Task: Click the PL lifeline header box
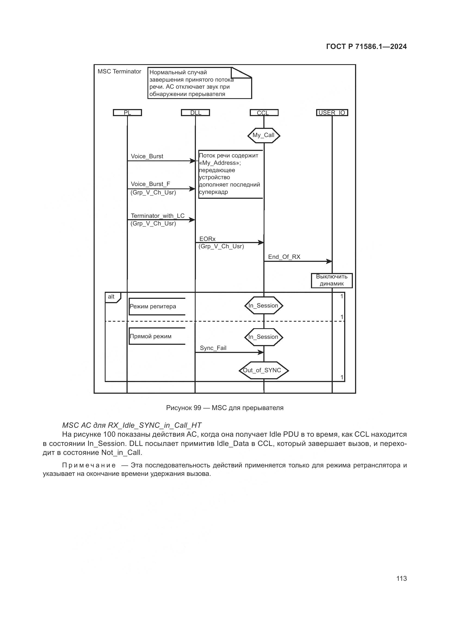[x=127, y=113]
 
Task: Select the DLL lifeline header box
[x=195, y=113]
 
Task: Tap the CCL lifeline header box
[x=264, y=113]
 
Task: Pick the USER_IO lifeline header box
[x=332, y=113]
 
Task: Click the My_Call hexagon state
[x=264, y=135]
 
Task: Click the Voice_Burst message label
[x=147, y=156]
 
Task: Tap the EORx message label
[x=207, y=239]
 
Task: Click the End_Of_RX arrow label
[x=284, y=257]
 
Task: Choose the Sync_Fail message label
[x=213, y=348]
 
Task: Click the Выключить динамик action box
[x=332, y=280]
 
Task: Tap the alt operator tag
[x=111, y=297]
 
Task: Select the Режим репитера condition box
[x=153, y=306]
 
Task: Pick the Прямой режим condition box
[x=151, y=336]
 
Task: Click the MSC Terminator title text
[x=119, y=72]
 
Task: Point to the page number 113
[x=401, y=578]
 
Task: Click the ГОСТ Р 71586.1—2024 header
[x=366, y=46]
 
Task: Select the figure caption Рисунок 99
[x=225, y=408]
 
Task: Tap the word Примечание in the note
[x=89, y=465]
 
